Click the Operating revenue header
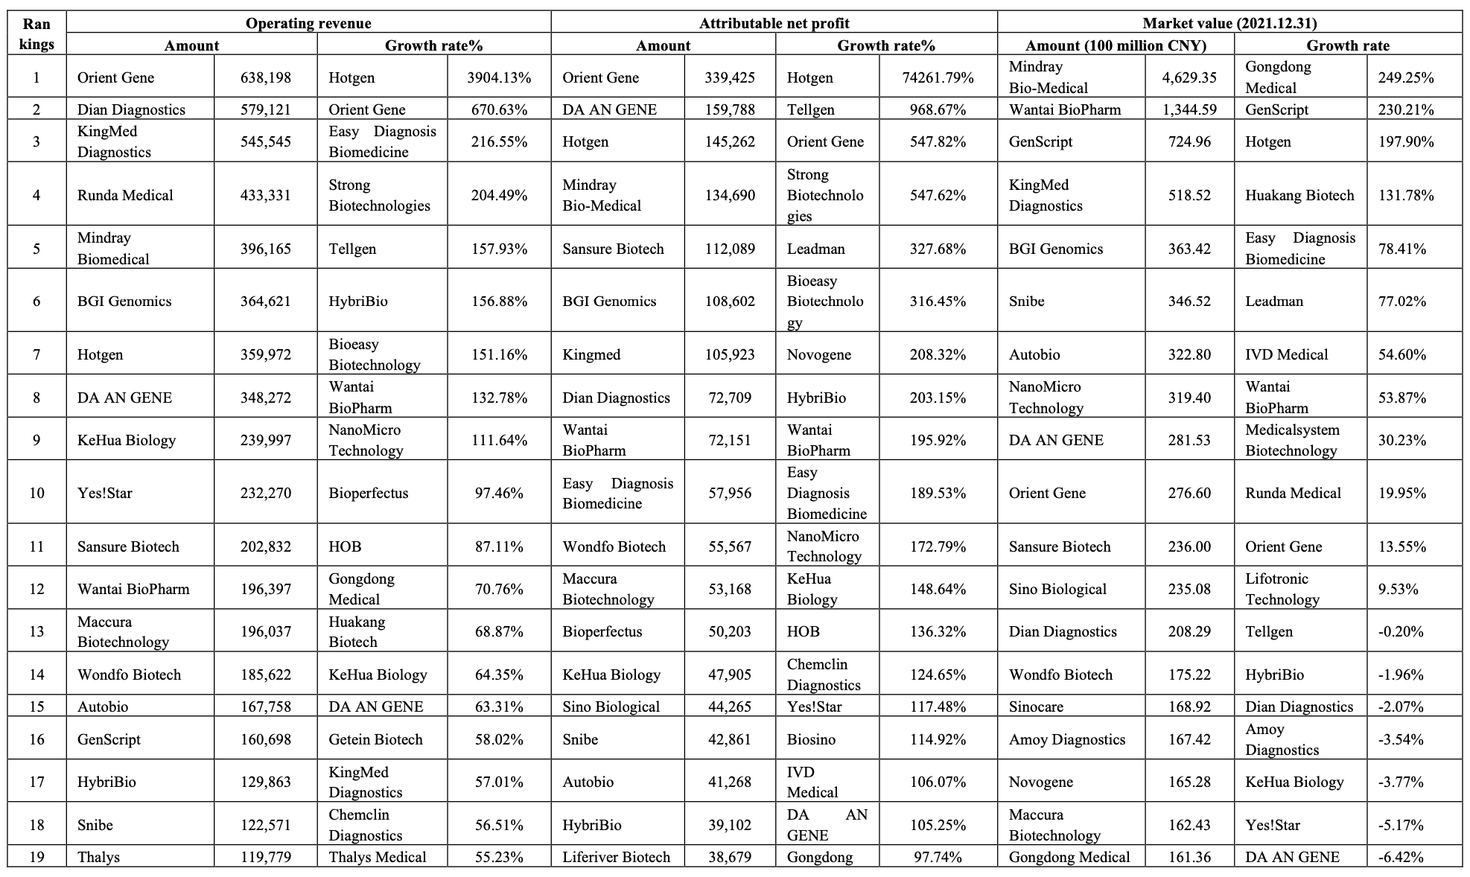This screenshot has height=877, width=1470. click(308, 23)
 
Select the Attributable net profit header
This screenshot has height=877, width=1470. click(774, 23)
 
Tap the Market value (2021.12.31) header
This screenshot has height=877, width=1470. click(1229, 23)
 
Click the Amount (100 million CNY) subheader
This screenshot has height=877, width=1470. click(1116, 45)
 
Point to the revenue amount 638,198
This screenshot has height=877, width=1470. click(266, 77)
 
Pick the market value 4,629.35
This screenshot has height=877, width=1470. click(1189, 77)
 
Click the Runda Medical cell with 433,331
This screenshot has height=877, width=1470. click(125, 195)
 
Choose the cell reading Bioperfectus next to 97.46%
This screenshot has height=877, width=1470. click(369, 493)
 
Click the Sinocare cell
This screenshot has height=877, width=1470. click(1036, 707)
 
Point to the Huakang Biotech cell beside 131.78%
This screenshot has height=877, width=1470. click(1299, 195)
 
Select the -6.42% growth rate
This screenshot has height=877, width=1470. click(1401, 857)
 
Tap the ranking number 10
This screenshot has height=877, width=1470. click(36, 493)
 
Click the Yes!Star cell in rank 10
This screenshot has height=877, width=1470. click(105, 493)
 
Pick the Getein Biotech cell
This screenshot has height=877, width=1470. click(375, 739)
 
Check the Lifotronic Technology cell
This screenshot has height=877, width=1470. click(1282, 589)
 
